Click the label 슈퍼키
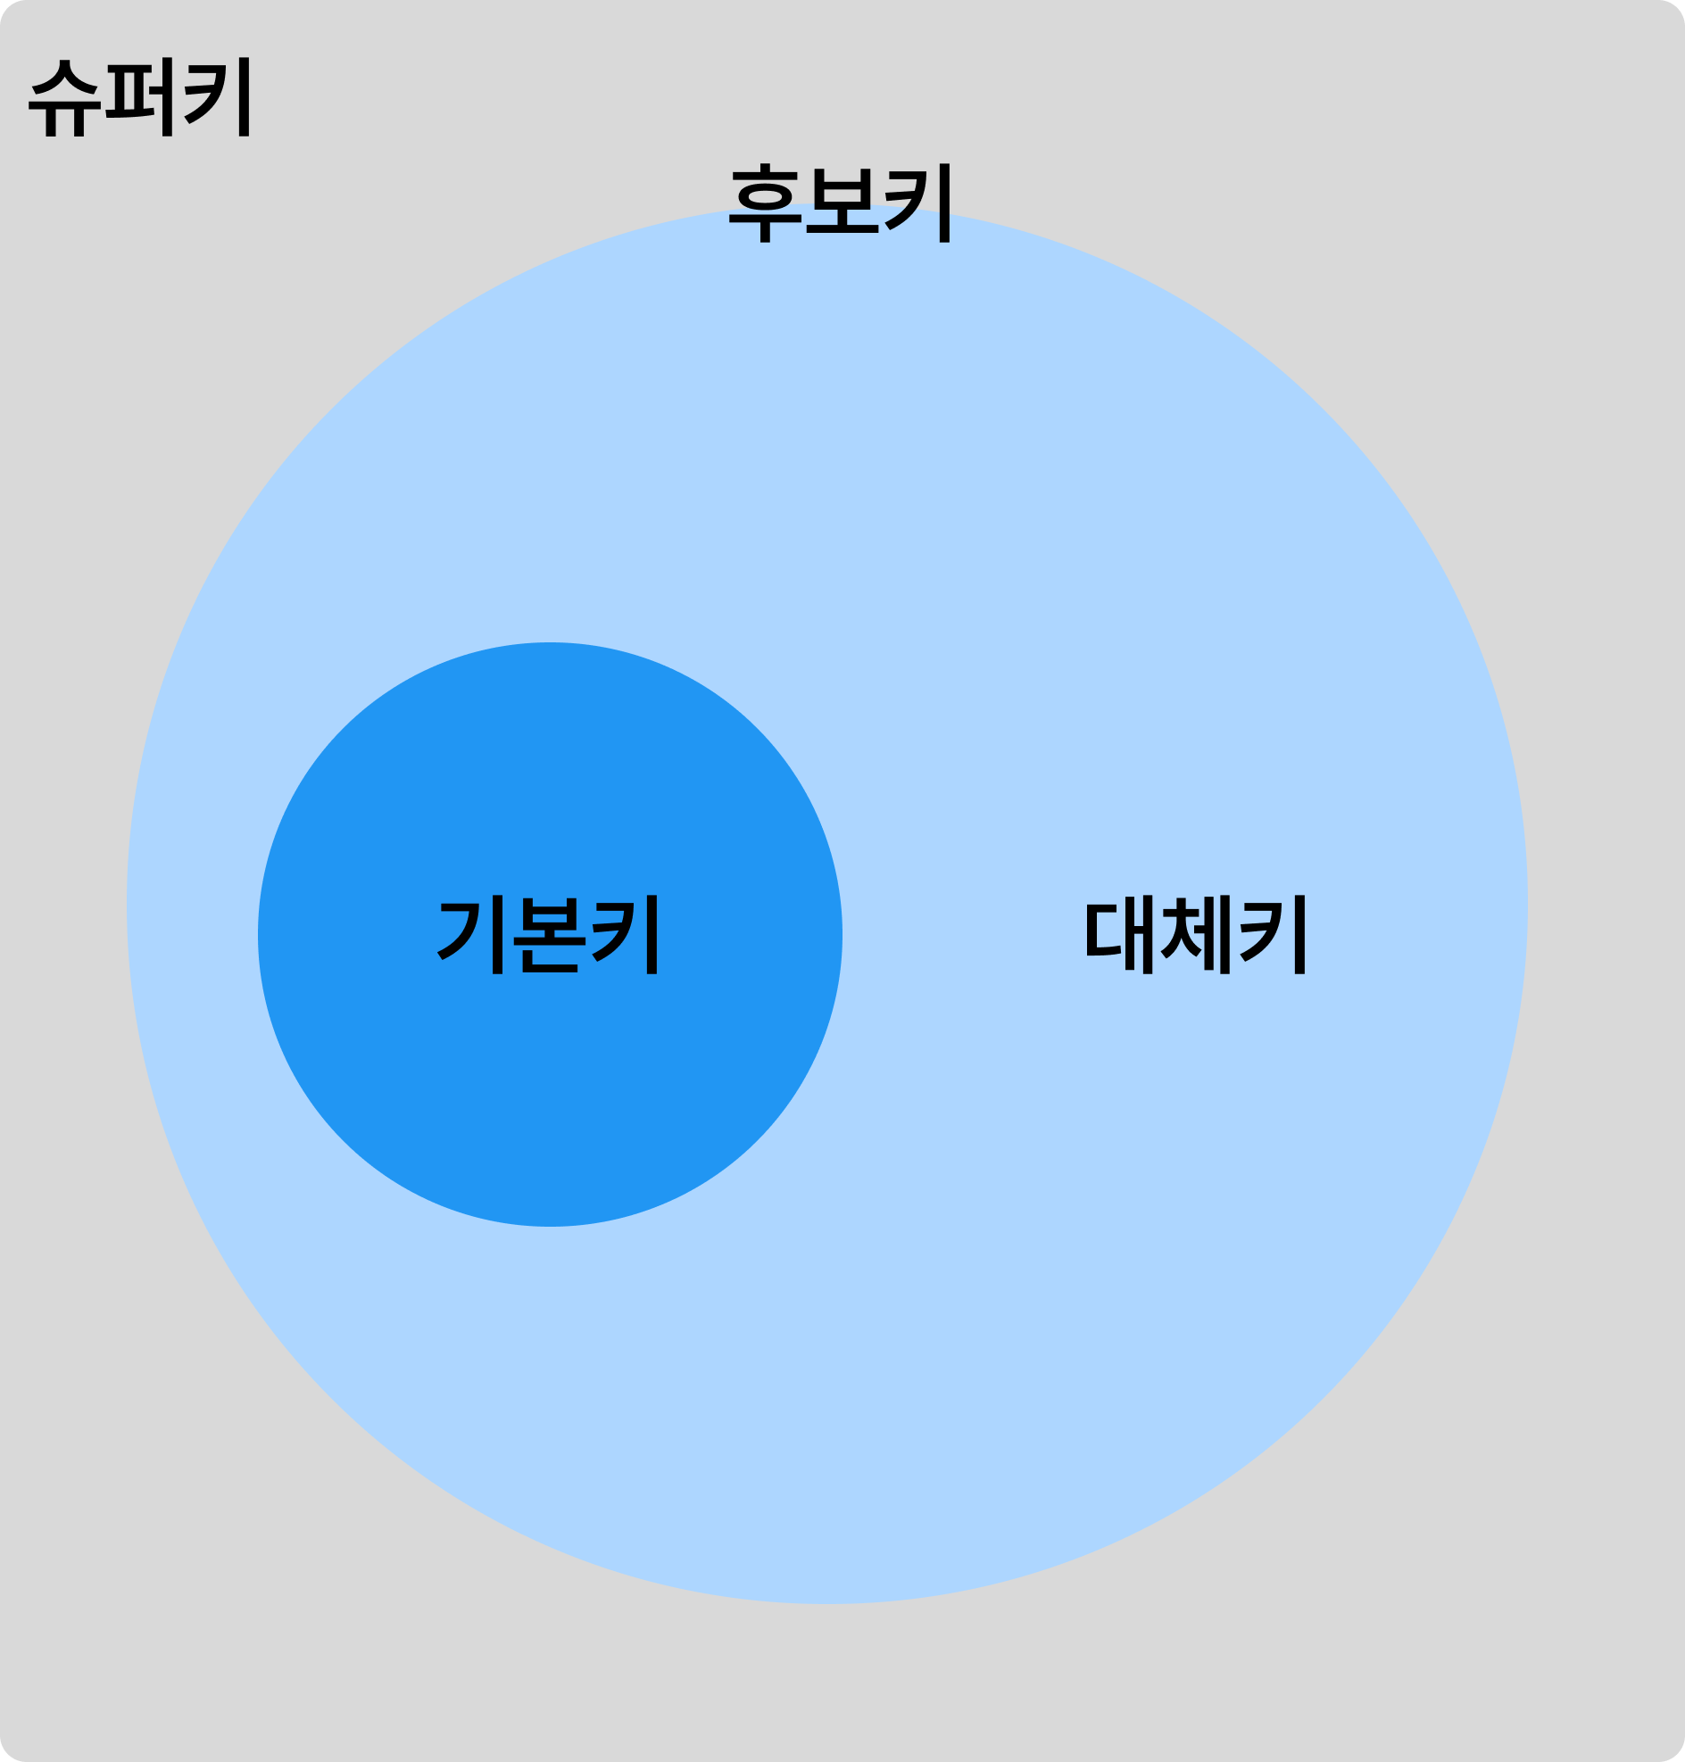140,98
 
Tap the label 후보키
840,204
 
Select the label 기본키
549,935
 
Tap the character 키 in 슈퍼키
219,98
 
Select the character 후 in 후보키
764,205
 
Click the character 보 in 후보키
842,205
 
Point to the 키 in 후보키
918,204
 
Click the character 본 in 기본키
549,935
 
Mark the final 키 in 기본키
626,935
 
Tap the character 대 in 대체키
1119,935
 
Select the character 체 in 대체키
1196,935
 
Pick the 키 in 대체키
1273,935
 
